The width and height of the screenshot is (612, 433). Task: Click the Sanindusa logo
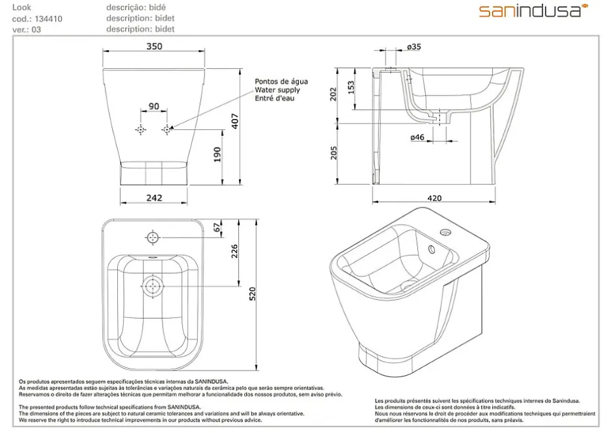[533, 11]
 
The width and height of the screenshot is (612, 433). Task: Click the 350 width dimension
[154, 46]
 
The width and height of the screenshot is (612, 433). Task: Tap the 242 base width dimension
[154, 198]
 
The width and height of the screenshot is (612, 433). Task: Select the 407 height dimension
[235, 122]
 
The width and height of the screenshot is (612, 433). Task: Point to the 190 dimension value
[217, 154]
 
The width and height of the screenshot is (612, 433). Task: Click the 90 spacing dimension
[154, 106]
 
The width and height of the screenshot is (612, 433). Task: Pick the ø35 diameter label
[413, 47]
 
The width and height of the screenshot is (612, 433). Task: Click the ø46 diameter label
[417, 137]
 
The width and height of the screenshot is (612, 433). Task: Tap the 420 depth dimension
[434, 198]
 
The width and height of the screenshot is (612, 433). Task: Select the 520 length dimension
[253, 293]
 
